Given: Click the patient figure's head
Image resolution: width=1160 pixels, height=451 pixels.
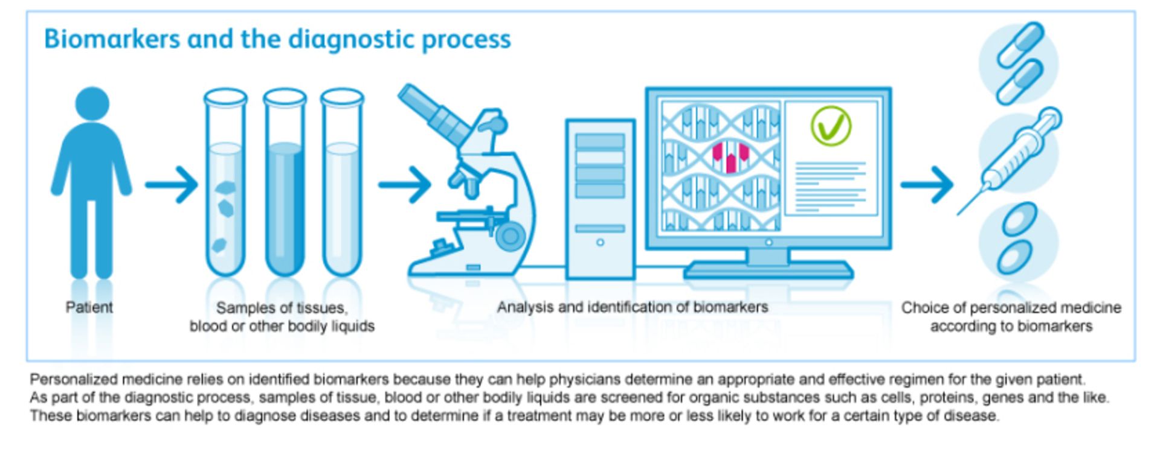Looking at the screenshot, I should click(x=92, y=103).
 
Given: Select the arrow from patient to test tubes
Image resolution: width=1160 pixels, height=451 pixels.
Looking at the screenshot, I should click(x=172, y=184).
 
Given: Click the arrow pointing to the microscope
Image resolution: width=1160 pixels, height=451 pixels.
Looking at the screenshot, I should click(x=405, y=184).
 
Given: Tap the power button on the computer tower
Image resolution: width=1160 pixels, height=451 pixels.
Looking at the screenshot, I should click(x=600, y=242).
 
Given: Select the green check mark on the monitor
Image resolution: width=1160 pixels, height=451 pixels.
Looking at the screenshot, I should click(x=831, y=126).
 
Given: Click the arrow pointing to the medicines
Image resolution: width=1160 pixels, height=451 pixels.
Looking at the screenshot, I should click(x=927, y=184).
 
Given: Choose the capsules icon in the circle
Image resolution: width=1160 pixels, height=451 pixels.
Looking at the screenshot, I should click(x=1019, y=62).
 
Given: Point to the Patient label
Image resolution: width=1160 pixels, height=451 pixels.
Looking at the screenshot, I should click(x=89, y=307).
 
